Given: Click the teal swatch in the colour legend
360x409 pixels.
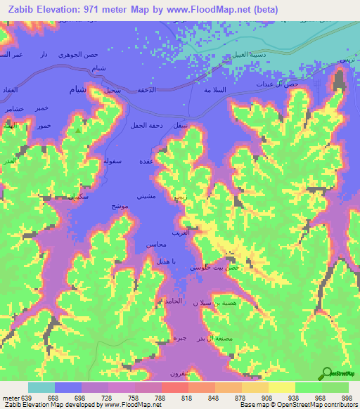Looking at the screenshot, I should click(41, 387).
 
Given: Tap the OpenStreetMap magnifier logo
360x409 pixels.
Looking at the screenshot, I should click(326, 375).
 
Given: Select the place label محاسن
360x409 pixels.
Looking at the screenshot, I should click(155, 245).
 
